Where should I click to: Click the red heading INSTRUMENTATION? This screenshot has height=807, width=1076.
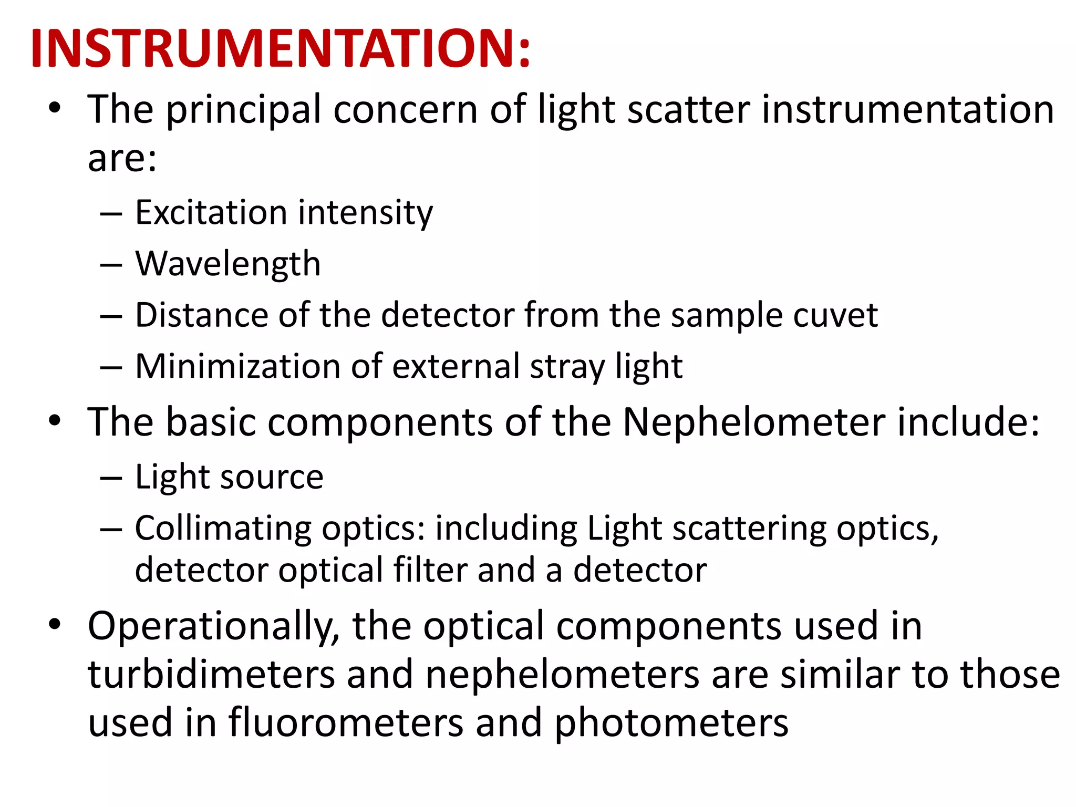(x=281, y=48)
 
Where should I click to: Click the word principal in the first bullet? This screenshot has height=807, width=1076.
(x=243, y=110)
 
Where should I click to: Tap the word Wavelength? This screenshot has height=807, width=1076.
(x=228, y=263)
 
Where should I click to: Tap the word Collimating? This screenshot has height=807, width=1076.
(x=223, y=528)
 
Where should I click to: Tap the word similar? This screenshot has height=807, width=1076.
(x=840, y=675)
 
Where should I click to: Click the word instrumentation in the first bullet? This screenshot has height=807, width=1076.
(x=907, y=110)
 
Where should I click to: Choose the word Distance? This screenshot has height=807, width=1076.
(x=201, y=315)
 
